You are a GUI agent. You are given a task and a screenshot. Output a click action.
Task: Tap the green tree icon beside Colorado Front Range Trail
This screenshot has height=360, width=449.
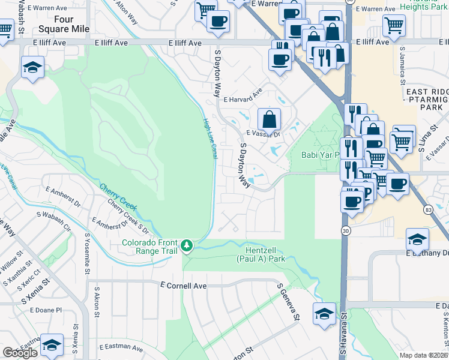[x=188, y=244]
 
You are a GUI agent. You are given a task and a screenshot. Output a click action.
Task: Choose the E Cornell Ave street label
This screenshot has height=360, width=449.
[x=184, y=286]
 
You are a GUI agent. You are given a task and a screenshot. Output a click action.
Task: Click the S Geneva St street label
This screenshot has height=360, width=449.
[x=288, y=305]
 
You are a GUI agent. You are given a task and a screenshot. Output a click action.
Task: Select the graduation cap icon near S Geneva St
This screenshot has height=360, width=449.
[x=324, y=313]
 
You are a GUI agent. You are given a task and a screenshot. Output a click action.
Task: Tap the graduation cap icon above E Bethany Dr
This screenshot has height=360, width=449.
[x=417, y=239]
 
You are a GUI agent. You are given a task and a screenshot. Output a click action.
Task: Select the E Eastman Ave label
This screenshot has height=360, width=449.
[x=123, y=347]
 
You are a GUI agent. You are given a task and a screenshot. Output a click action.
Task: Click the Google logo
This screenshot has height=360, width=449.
[x=20, y=353]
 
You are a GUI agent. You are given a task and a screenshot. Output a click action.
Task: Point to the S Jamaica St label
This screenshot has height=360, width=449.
[x=403, y=69]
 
